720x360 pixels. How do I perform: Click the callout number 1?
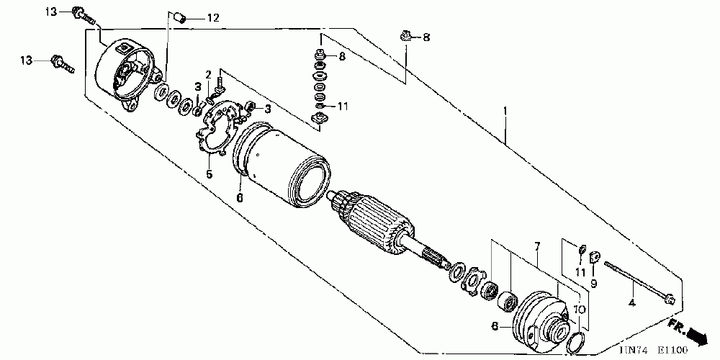point(505,112)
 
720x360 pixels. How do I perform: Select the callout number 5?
point(209,174)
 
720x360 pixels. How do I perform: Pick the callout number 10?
point(580,309)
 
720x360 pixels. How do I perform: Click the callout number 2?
point(207,74)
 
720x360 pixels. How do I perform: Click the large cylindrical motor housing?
point(281,162)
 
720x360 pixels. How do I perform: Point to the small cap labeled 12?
point(181,16)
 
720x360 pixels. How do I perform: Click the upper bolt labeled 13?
point(81,14)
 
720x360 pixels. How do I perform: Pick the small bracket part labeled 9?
point(595,256)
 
